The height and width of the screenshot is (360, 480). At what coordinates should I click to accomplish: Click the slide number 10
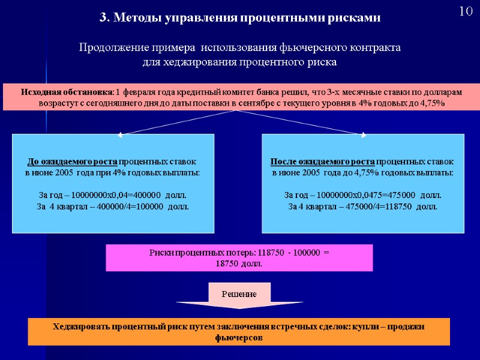point(465,12)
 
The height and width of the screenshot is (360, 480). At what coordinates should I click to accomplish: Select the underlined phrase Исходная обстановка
point(67,92)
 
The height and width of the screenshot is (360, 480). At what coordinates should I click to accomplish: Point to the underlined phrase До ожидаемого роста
point(73,162)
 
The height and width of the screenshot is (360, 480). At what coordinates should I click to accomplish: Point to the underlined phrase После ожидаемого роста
point(323,162)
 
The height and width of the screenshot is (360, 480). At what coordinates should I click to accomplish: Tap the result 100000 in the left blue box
point(146,206)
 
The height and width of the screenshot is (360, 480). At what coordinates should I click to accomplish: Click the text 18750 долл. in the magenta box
point(239,263)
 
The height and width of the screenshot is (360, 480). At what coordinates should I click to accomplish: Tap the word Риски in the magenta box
point(161,253)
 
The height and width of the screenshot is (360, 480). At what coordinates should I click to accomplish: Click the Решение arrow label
point(239,294)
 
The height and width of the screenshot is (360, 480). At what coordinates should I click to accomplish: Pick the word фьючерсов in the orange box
point(239,338)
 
